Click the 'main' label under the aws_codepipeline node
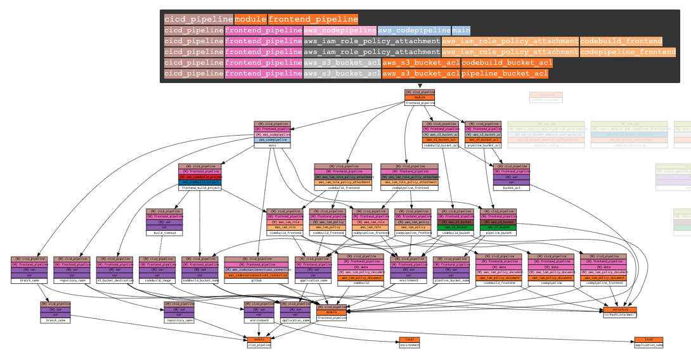pyautogui.click(x=272, y=145)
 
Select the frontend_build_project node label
pyautogui.click(x=200, y=188)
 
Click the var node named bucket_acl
pyautogui.click(x=511, y=188)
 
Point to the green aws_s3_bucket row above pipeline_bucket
pyautogui.click(x=498, y=227)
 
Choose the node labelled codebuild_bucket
pyautogui.click(x=455, y=233)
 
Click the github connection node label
pyautogui.click(x=256, y=280)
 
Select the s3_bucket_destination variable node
pyautogui.click(x=115, y=280)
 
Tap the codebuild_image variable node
pyautogui.click(x=157, y=280)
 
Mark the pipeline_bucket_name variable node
pyautogui.click(x=451, y=280)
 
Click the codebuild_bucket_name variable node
pyautogui.click(x=200, y=280)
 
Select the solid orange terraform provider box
pyautogui.click(x=620, y=309)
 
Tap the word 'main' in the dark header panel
pyautogui.click(x=461, y=30)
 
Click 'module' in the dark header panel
pyautogui.click(x=250, y=19)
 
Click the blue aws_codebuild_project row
pyautogui.click(x=200, y=182)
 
